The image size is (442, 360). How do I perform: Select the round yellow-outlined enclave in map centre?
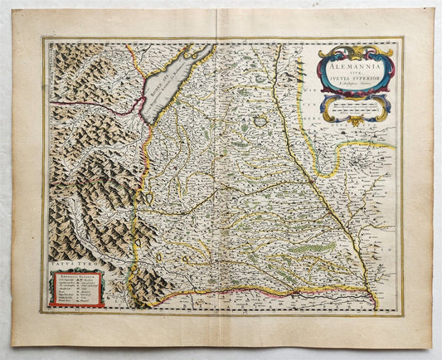[260, 120]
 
